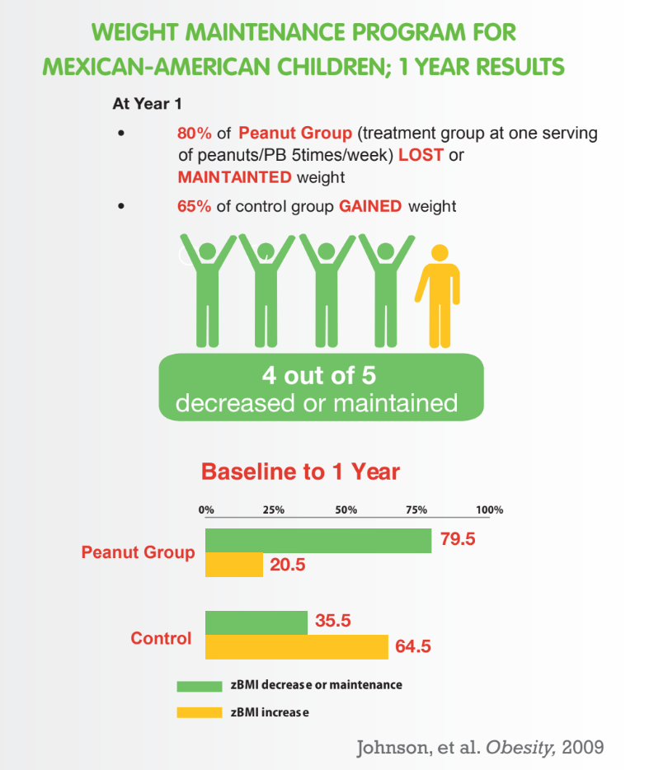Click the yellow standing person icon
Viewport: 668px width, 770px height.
pos(439,296)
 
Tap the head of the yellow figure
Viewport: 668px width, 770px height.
pos(439,253)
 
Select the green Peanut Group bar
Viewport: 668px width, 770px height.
pos(318,541)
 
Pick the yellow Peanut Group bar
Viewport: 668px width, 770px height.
pos(234,565)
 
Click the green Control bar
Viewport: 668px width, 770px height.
pos(256,622)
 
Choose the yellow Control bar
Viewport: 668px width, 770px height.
pos(297,646)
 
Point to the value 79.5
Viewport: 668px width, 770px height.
pos(457,538)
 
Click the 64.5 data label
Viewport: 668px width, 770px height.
pos(412,646)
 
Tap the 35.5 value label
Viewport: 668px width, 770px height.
pos(332,620)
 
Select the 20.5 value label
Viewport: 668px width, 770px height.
pos(287,565)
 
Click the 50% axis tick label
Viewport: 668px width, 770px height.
pos(346,509)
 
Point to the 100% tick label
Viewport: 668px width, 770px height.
pos(489,509)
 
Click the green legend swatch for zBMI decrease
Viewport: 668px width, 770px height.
pos(200,686)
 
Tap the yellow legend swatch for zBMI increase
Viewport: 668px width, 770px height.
pos(200,712)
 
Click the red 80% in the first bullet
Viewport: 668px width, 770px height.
pos(194,133)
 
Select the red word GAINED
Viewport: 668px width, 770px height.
pos(370,206)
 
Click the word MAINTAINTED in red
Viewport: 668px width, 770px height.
pos(234,176)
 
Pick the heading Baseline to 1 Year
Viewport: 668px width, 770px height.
pos(300,472)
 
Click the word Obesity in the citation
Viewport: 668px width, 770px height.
pos(520,748)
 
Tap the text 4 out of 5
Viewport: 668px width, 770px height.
pos(319,376)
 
